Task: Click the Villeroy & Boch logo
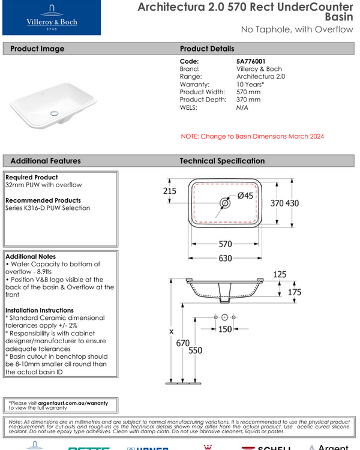point(51,18)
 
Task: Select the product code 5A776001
point(251,61)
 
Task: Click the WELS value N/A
point(242,107)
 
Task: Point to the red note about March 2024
point(252,136)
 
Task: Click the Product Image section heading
point(37,49)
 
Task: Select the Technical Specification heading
point(222,161)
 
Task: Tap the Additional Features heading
point(46,161)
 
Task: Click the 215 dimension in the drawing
point(170,191)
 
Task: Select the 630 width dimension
point(225,259)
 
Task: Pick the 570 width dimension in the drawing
point(225,244)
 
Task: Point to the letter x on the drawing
point(172,331)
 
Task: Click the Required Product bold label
point(32,178)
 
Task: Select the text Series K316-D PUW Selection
point(48,208)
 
